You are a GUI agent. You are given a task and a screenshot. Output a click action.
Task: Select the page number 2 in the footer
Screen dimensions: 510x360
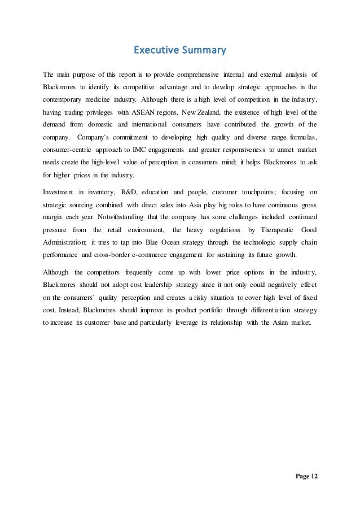316,476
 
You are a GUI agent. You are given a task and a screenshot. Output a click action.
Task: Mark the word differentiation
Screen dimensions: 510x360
269,310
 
